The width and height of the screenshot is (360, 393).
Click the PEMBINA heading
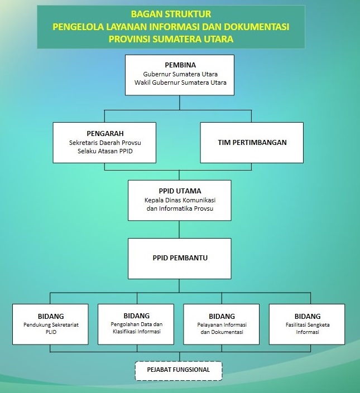click(x=180, y=65)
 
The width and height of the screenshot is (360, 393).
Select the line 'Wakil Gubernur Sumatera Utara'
click(x=180, y=83)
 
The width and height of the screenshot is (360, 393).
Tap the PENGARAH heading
click(x=105, y=134)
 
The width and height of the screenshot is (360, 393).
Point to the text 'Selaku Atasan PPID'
click(x=105, y=151)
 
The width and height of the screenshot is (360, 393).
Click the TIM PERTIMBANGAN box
click(x=252, y=143)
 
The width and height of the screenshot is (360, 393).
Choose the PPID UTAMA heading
click(x=180, y=191)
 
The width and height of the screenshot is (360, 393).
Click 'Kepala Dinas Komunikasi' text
click(x=180, y=200)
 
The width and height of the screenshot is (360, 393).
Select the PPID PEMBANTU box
click(x=180, y=259)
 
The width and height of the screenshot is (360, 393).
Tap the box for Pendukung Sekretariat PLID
click(x=50, y=324)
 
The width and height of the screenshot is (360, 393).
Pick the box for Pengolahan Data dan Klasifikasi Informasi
click(x=136, y=324)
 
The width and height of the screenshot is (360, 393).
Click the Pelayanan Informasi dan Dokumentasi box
click(x=222, y=324)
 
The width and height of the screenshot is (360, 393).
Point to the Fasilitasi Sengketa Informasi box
click(x=307, y=324)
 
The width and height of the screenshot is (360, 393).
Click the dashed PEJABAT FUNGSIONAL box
click(x=179, y=371)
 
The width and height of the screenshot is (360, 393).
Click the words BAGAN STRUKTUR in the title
click(x=171, y=14)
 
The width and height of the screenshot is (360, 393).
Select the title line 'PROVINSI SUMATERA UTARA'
click(x=171, y=40)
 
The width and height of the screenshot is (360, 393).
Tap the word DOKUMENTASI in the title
click(x=256, y=27)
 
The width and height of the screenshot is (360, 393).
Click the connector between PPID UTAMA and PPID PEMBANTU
click(x=179, y=229)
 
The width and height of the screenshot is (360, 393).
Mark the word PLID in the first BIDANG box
click(x=51, y=332)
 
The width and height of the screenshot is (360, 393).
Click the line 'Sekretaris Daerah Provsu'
click(x=105, y=143)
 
